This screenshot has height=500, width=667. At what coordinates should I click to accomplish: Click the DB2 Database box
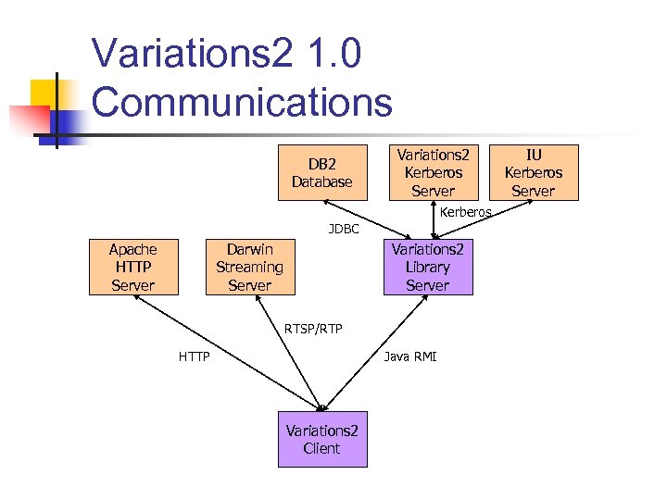(x=322, y=172)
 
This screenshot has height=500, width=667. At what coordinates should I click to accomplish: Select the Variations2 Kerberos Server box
(x=433, y=172)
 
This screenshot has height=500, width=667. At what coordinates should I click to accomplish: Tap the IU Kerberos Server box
(x=533, y=172)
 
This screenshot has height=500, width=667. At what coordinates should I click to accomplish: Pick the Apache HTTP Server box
(x=132, y=267)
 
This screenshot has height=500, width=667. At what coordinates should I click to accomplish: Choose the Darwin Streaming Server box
(x=249, y=267)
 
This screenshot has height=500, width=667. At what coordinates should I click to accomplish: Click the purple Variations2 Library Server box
(x=427, y=267)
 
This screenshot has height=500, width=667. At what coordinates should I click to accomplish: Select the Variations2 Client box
(x=321, y=439)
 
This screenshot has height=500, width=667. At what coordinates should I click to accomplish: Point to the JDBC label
(x=344, y=229)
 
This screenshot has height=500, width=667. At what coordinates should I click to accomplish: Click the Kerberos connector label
(x=465, y=213)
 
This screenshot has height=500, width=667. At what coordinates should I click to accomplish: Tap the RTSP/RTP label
(x=312, y=328)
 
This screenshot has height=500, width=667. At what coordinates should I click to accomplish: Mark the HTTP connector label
(x=194, y=356)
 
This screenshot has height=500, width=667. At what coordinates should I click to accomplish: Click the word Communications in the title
(x=242, y=101)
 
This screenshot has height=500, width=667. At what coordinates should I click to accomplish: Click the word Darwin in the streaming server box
(x=249, y=249)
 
